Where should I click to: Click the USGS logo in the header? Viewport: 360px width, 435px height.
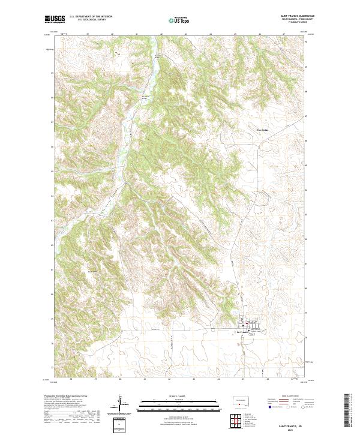56,20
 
